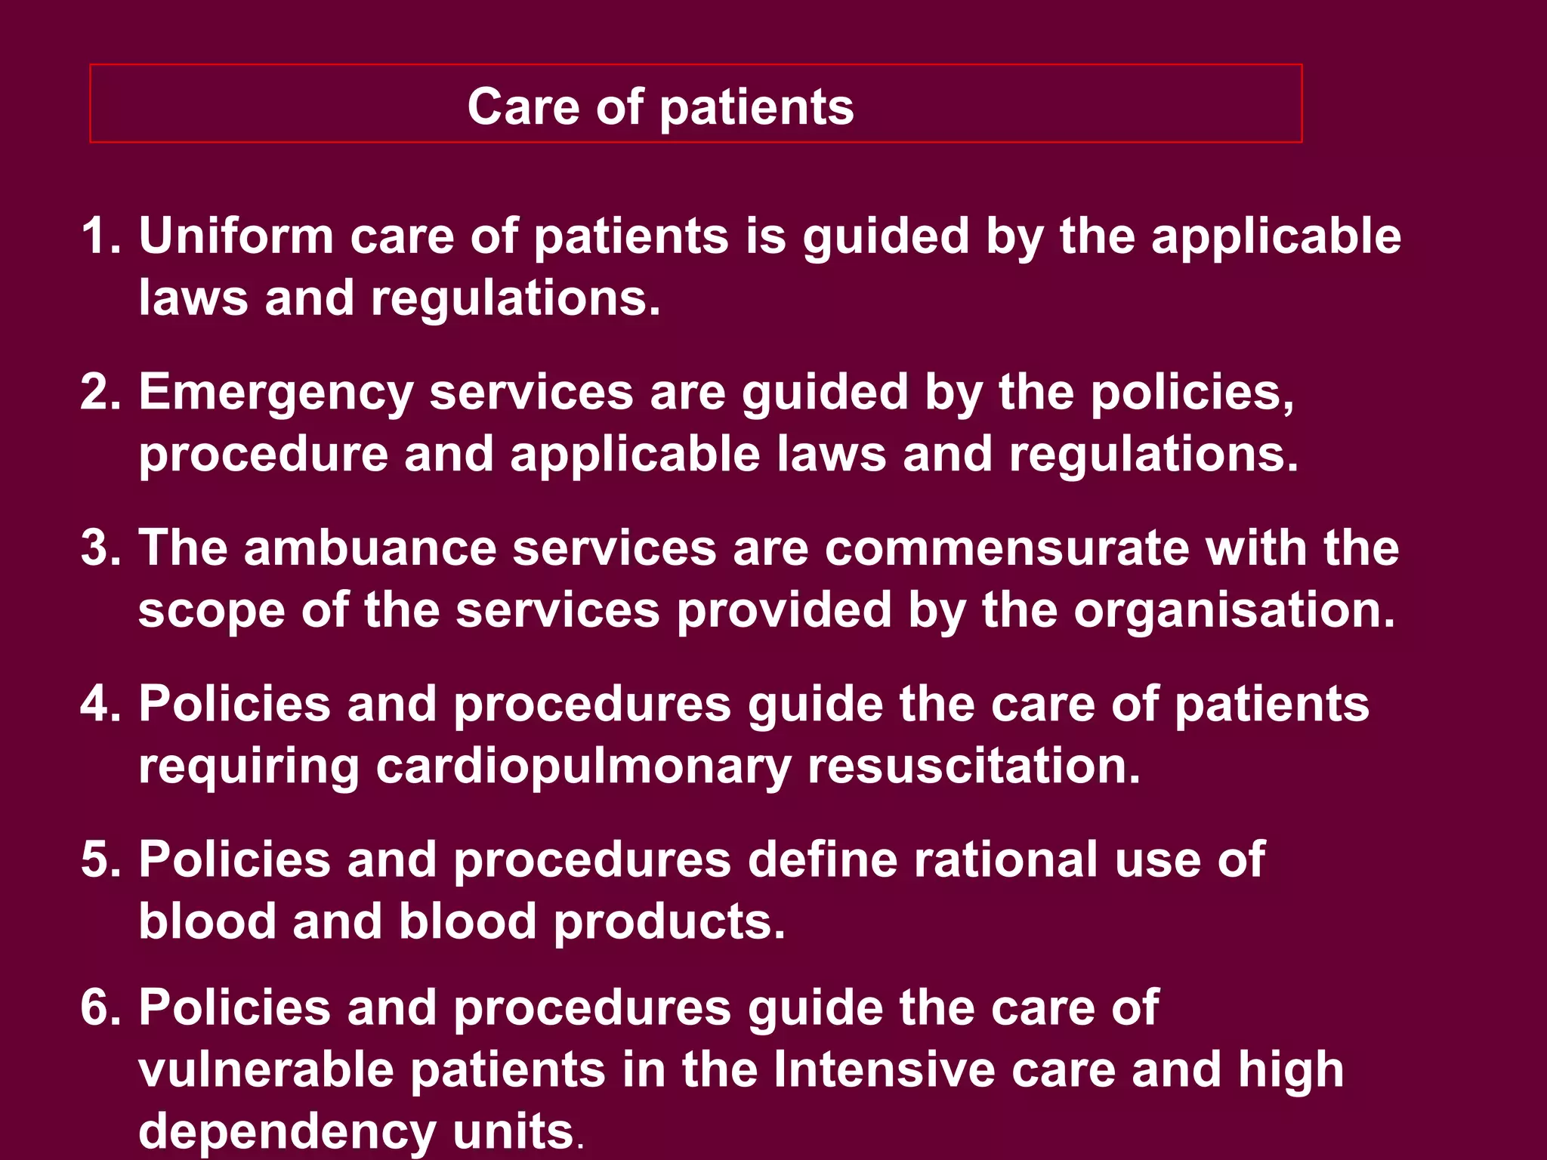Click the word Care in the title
pos(523,106)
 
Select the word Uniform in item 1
pos(236,236)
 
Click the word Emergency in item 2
pos(276,393)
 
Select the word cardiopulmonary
pos(583,767)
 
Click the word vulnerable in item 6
pos(266,1069)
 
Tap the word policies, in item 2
pos(1192,393)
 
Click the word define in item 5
pos(822,859)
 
